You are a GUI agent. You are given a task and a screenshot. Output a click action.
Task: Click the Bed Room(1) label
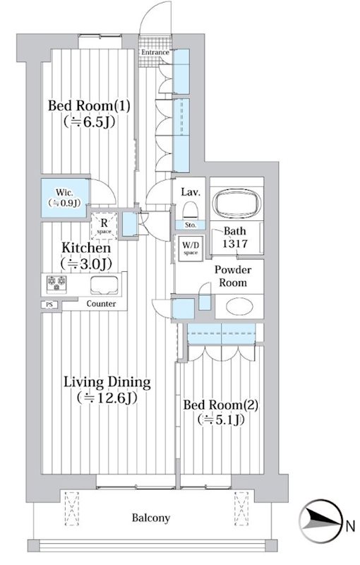89,107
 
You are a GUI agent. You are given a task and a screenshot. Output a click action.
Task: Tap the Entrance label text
155,52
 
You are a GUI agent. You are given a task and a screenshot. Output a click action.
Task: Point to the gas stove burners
57,282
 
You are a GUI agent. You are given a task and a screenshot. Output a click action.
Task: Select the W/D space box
191,249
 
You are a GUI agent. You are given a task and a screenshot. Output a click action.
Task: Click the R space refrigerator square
104,226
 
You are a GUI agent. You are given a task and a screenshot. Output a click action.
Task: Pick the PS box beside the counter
49,304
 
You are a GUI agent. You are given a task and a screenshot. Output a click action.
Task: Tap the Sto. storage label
191,225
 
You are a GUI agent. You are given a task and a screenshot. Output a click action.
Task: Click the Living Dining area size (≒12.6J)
107,398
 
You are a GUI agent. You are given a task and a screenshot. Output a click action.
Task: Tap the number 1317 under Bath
234,244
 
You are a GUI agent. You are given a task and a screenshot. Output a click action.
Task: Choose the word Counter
101,304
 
